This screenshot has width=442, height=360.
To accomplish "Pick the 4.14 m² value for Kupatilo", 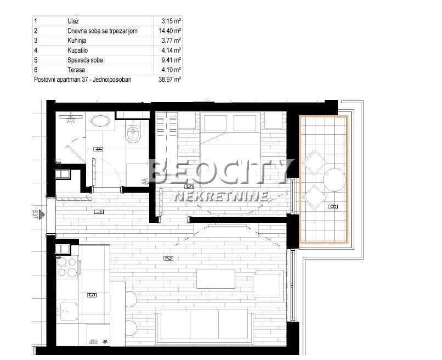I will [x=171, y=50].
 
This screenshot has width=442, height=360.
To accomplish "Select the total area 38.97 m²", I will [x=169, y=80].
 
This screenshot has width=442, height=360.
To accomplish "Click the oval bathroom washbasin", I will [x=100, y=121].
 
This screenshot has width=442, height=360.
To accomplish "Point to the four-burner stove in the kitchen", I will [x=67, y=267].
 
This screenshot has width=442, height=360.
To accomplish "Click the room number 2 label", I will [x=168, y=259].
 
